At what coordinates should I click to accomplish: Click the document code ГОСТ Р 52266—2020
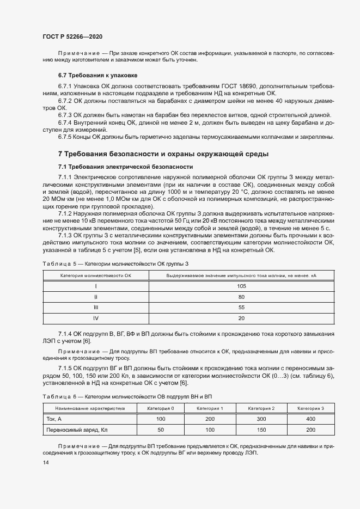(72, 36)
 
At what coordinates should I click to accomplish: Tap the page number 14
(45, 462)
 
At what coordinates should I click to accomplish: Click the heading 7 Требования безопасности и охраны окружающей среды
(163, 154)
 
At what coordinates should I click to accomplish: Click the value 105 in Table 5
(241, 286)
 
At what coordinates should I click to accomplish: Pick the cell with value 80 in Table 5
(241, 297)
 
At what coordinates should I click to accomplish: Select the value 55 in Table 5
(241, 307)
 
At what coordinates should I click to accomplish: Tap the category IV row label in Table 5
(96, 317)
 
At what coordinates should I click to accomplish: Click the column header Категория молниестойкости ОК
(96, 275)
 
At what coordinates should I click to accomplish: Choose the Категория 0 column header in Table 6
(161, 408)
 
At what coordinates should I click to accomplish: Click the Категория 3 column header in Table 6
(310, 408)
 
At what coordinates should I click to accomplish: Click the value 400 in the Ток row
(310, 419)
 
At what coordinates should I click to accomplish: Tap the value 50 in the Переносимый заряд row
(161, 430)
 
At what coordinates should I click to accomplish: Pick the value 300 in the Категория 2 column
(261, 419)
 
